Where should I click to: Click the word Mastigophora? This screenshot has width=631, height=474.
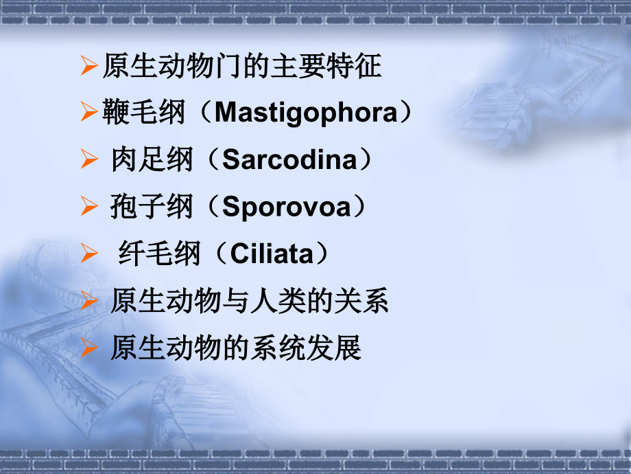click(305, 113)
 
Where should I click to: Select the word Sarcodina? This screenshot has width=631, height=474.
click(291, 160)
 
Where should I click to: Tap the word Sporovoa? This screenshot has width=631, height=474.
click(286, 207)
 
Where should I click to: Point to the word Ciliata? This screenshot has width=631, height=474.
click(272, 254)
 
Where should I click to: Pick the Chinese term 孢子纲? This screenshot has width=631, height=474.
click(152, 207)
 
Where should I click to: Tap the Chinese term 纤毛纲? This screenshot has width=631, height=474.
click(159, 254)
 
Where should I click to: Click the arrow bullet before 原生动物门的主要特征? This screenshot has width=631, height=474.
click(88, 67)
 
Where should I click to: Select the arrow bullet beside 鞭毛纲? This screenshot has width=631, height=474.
click(88, 113)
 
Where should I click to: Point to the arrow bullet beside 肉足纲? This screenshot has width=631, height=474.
click(88, 161)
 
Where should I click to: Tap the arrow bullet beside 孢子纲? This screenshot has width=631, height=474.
click(88, 207)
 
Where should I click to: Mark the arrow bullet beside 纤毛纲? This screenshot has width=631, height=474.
click(88, 255)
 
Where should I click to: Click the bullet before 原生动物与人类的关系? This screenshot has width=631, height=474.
click(88, 302)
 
